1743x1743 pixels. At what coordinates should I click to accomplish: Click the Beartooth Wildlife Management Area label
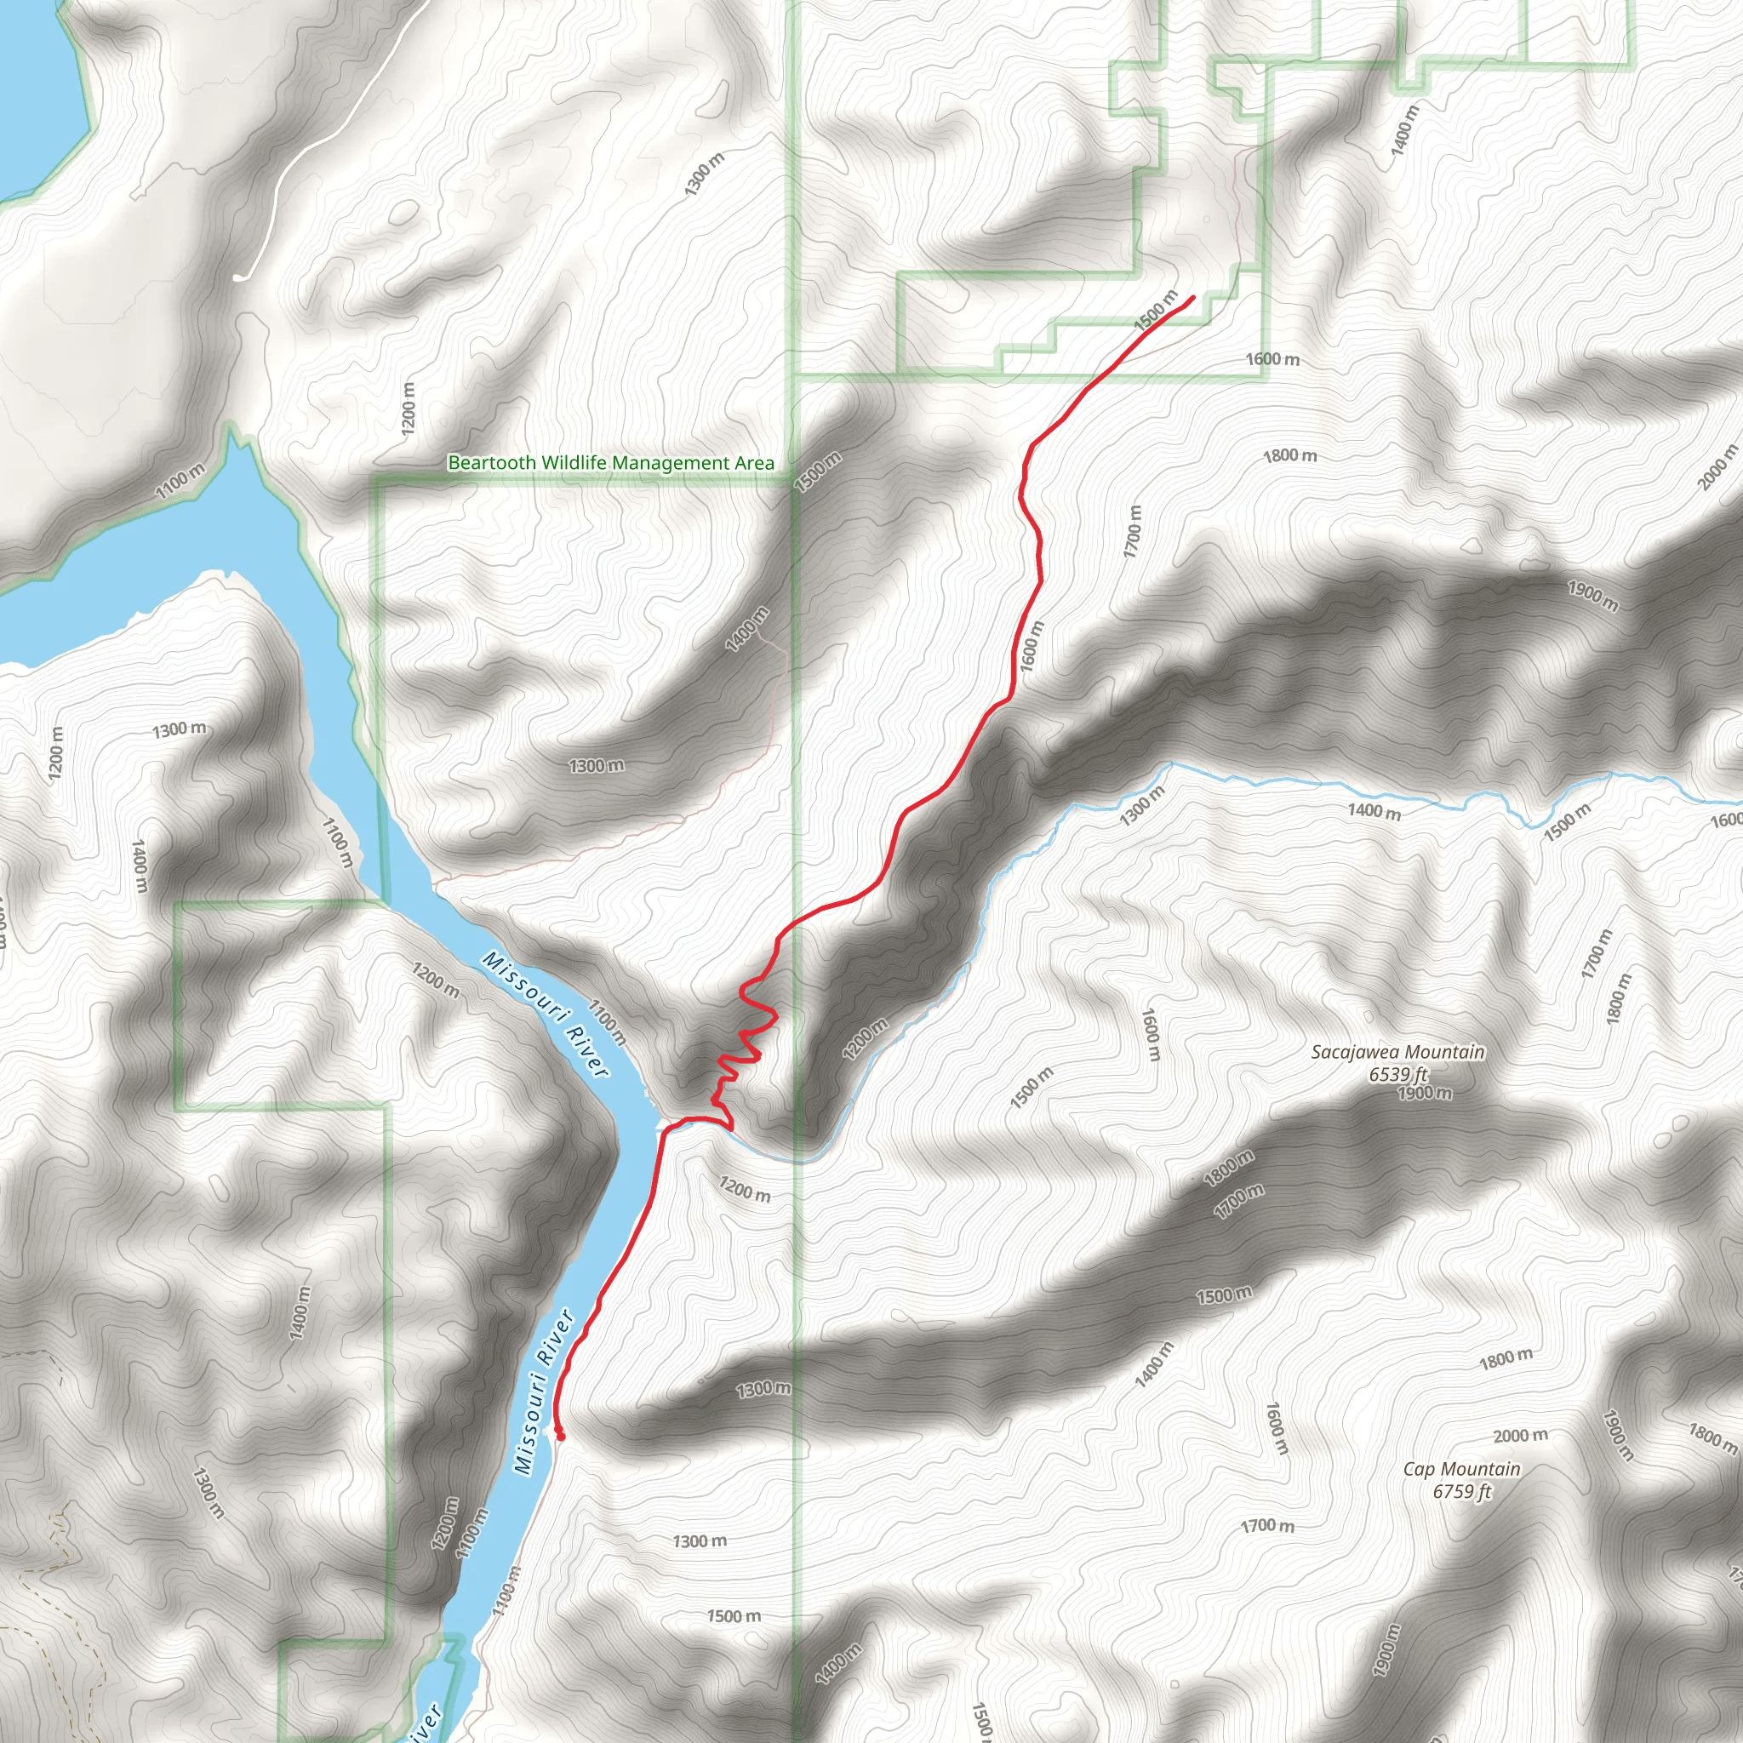(611, 463)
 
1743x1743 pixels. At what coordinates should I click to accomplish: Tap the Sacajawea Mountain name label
(1397, 1052)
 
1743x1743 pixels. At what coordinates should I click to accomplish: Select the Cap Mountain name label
(1461, 1470)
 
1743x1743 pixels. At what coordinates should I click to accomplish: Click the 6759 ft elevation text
(1461, 1491)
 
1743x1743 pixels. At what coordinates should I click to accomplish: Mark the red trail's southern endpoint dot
(560, 1436)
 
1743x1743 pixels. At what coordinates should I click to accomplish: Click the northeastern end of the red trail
(1192, 297)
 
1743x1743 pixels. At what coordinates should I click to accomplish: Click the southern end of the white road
(238, 277)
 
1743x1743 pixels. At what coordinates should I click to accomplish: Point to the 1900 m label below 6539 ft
(1425, 1094)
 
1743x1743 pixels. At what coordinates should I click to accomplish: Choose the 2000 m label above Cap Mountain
(1520, 1436)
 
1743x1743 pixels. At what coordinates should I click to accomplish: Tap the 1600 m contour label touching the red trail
(1031, 645)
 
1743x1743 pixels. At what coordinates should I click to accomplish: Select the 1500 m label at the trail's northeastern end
(1156, 310)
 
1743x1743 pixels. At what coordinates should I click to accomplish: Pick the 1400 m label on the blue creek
(1374, 811)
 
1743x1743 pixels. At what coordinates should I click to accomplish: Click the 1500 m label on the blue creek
(1567, 823)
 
